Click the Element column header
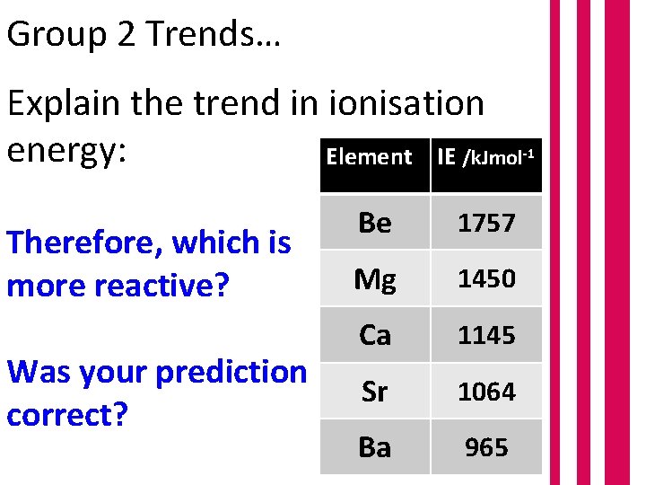point(369,157)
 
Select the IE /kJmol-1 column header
point(486,158)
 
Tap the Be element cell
point(375,223)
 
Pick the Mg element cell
point(375,279)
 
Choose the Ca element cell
point(375,335)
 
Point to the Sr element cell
point(375,392)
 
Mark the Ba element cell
point(375,447)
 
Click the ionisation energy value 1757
point(486,223)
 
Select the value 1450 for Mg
point(486,279)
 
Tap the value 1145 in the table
point(486,335)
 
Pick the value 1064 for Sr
point(486,392)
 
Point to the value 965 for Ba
point(486,447)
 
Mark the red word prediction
point(231,371)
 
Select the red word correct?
point(66,414)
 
